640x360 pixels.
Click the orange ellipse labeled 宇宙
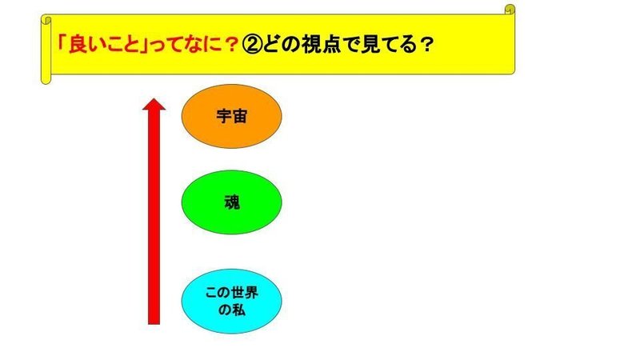pos(231,116)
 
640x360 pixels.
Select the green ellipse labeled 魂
pos(231,202)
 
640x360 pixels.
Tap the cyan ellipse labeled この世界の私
pos(231,302)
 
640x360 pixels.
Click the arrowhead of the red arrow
pos(154,104)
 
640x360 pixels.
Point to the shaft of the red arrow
pos(154,217)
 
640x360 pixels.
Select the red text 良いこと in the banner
pos(104,45)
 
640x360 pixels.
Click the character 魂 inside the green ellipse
pos(232,202)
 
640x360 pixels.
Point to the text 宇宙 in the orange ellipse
pos(231,117)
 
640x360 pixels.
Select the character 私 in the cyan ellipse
pos(239,310)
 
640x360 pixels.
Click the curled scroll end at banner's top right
pos(510,10)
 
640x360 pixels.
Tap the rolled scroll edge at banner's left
pos(46,50)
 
